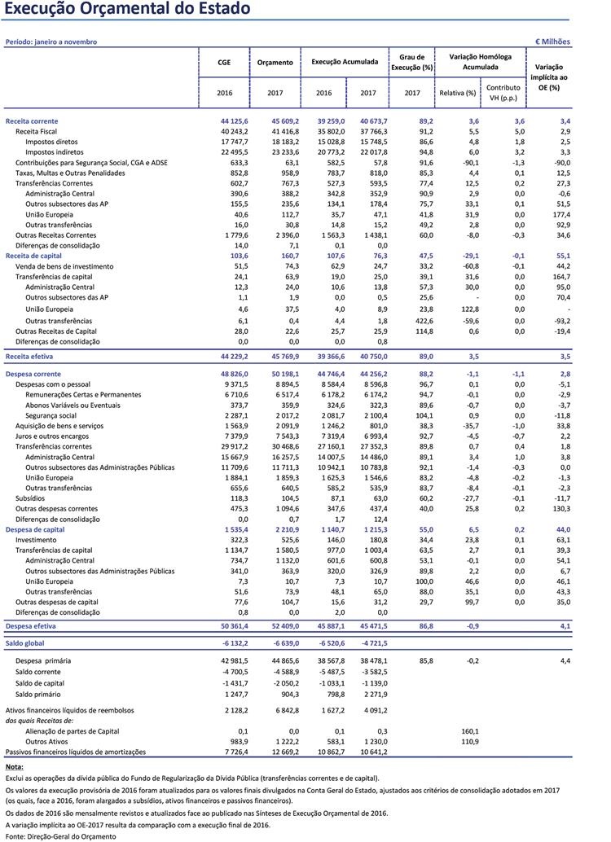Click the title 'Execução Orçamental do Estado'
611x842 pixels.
pos(127,11)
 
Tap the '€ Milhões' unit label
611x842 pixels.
pos(552,42)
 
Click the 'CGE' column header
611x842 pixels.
pos(224,62)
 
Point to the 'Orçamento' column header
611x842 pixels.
pos(275,62)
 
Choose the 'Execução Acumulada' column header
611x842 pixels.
pos(345,62)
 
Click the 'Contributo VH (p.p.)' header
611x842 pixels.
pos(503,92)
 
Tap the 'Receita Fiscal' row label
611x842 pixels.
pos(37,131)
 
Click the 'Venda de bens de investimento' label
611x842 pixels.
pos(64,266)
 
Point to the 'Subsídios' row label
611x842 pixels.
pos(32,498)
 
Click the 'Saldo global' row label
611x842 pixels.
pos(26,642)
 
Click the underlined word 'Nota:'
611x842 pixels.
pos(14,767)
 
